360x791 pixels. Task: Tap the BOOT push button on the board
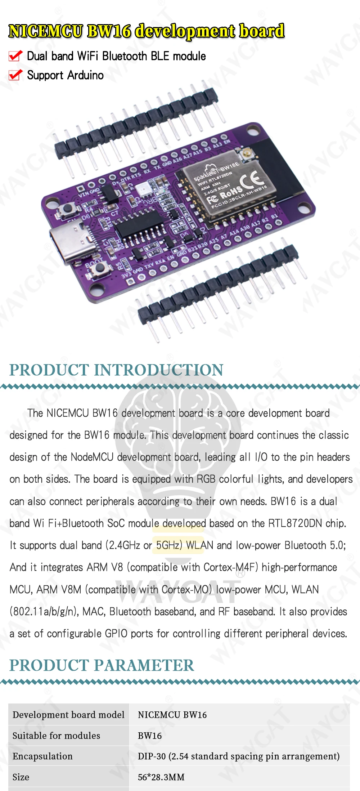(102, 268)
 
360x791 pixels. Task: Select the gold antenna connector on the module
(248, 155)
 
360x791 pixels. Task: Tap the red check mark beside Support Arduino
(15, 75)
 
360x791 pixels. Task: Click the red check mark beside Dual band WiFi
(15, 56)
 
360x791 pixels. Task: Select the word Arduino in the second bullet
(85, 75)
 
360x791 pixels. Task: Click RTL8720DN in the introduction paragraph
(295, 523)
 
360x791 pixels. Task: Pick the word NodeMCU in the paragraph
(92, 457)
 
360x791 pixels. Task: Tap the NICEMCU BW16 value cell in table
(172, 715)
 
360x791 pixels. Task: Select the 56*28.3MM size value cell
(161, 777)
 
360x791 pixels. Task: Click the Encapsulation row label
(42, 756)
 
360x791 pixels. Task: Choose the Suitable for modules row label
(56, 736)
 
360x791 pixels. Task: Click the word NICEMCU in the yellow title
(46, 31)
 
